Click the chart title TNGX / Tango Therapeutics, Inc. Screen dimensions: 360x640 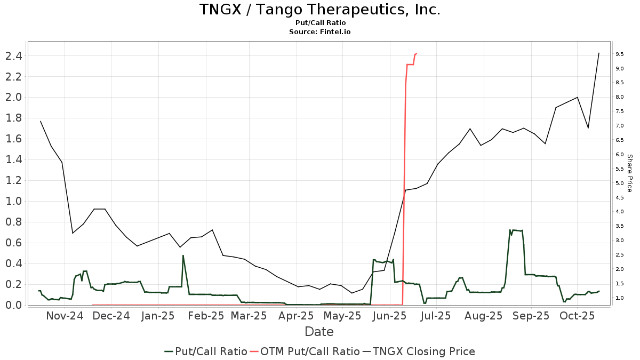(x=320, y=10)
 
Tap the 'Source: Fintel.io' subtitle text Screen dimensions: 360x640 (x=320, y=32)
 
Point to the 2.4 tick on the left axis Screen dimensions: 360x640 (x=14, y=55)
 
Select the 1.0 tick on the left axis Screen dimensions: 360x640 (x=14, y=201)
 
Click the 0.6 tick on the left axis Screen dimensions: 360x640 (x=14, y=243)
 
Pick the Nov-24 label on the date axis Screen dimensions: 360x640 (x=65, y=316)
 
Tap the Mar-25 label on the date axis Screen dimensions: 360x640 (x=249, y=316)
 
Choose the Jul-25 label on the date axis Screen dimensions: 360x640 (x=436, y=316)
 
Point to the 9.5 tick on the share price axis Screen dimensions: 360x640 (x=620, y=54)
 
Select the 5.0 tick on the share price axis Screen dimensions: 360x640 (x=620, y=183)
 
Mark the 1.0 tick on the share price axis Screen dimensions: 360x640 (x=620, y=298)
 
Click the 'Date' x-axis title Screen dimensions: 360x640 (x=319, y=332)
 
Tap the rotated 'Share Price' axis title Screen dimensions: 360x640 (x=629, y=173)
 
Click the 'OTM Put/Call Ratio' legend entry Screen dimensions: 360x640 (x=305, y=351)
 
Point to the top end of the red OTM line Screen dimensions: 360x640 (x=416, y=53)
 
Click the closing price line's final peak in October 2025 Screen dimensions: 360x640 (x=599, y=53)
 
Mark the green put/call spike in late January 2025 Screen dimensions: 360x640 (x=183, y=255)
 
